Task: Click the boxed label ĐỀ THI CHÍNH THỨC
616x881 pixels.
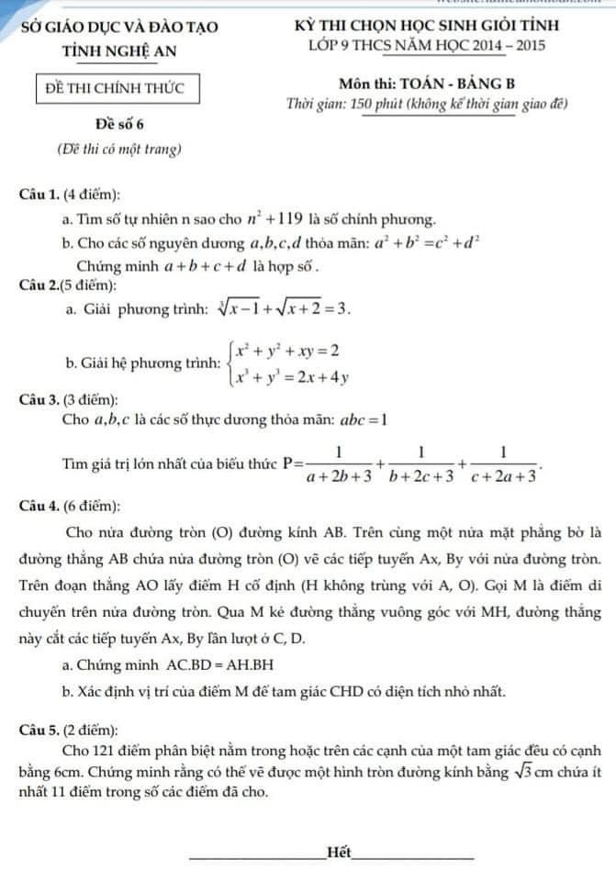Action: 116,88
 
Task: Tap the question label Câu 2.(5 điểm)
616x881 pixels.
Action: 72,286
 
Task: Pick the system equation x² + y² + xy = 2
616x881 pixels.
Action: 287,351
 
